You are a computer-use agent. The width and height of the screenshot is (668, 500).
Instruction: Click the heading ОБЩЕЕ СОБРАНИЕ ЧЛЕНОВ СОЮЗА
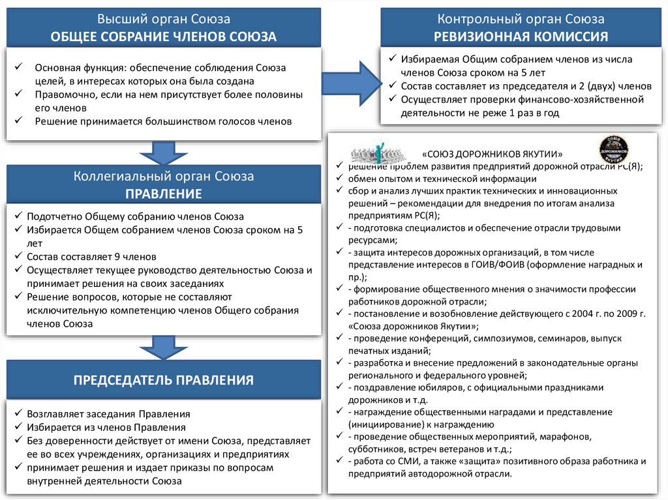[164, 37]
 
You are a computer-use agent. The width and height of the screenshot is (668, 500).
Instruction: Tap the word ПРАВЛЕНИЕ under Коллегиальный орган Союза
[164, 194]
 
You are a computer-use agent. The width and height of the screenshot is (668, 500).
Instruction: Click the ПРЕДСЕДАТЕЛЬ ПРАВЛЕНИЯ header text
[164, 379]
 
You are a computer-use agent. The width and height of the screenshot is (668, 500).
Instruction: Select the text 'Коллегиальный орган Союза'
[164, 176]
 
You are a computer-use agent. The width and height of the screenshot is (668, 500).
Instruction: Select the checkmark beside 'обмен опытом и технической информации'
[339, 179]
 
